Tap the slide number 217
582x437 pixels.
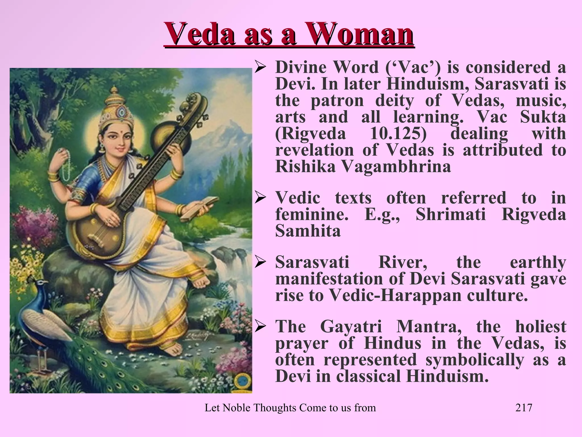point(523,408)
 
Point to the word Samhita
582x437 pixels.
point(308,231)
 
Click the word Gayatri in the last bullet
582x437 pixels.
point(351,326)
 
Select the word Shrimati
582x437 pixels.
point(451,214)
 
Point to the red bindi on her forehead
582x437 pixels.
point(117,132)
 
